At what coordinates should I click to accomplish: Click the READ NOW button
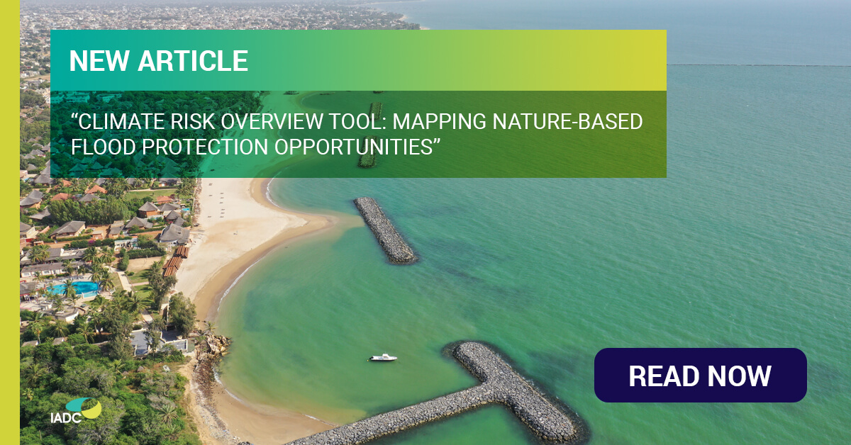pyautogui.click(x=700, y=376)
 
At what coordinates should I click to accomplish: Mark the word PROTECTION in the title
pyautogui.click(x=212, y=148)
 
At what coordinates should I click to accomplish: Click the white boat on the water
pyautogui.click(x=382, y=358)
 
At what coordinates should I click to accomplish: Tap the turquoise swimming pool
pyautogui.click(x=73, y=288)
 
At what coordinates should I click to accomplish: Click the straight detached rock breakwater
pyautogui.click(x=384, y=230)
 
